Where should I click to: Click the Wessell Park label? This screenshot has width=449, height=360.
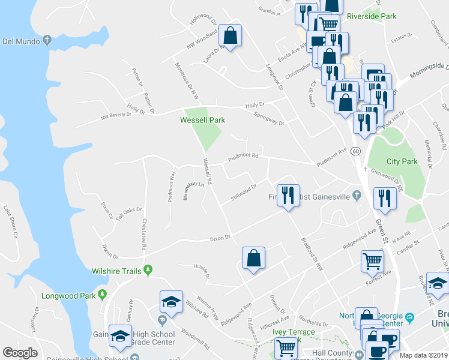tap(203, 120)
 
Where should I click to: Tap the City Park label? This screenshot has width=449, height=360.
tap(402, 161)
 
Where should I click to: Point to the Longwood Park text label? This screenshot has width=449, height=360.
tap(68, 295)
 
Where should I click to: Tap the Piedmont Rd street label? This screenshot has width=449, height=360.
tap(243, 158)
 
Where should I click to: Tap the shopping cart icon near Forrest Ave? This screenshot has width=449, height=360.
tap(372, 261)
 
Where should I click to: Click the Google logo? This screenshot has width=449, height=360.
tap(20, 353)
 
